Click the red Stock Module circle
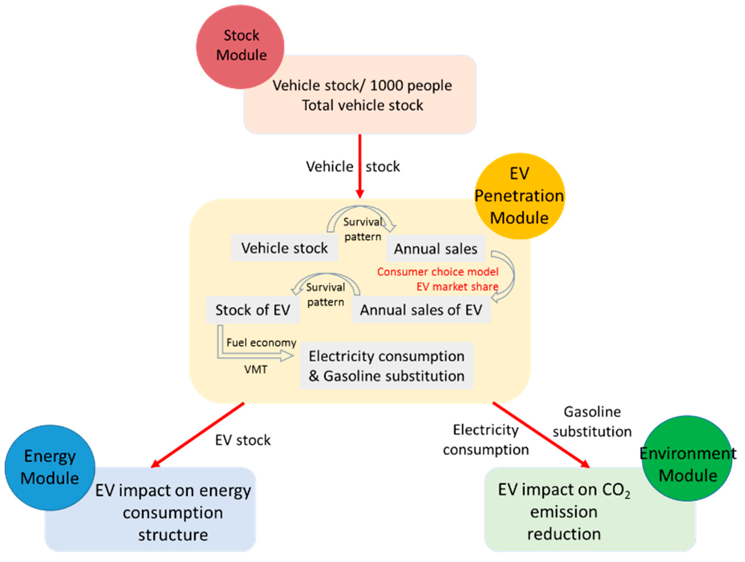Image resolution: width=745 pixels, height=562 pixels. tap(240, 46)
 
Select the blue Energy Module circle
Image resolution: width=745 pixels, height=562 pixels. tap(50, 467)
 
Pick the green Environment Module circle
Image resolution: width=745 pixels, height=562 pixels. tap(687, 459)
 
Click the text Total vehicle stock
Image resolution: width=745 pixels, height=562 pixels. tap(362, 105)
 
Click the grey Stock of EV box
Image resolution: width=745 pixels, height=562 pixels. tap(253, 310)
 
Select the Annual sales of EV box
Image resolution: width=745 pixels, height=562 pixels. tap(421, 310)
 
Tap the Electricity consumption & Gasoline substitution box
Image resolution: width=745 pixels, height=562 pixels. tap(386, 366)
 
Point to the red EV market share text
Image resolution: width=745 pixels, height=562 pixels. tap(457, 286)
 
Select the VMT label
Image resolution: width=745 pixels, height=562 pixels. tap(256, 370)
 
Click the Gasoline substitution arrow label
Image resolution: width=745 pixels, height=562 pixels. tap(592, 422)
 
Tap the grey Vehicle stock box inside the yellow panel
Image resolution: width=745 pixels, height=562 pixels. tap(284, 248)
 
